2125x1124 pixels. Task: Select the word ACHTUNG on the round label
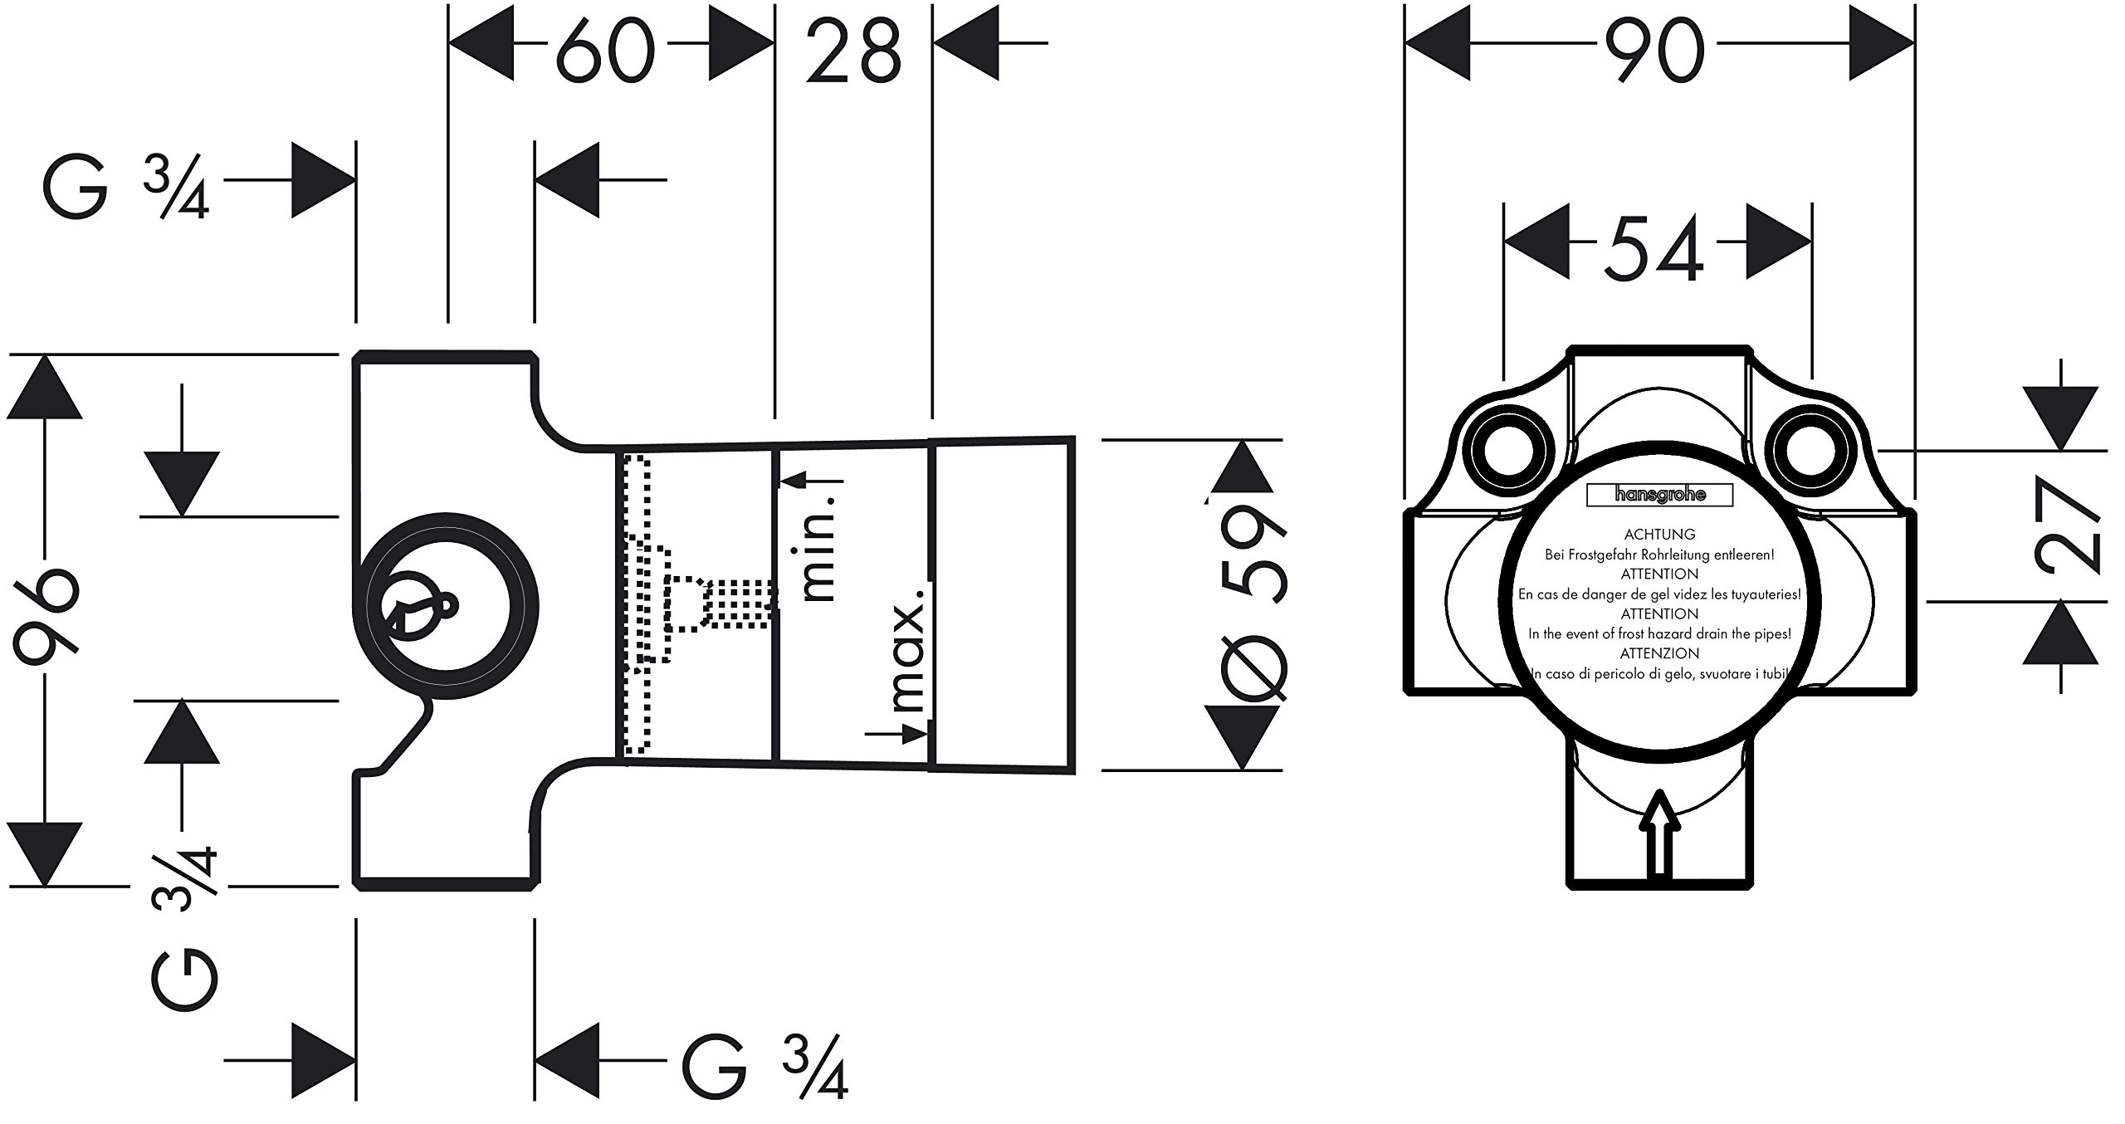1659,535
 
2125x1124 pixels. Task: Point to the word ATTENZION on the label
1659,654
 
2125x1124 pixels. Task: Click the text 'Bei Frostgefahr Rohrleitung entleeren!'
1659,555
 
